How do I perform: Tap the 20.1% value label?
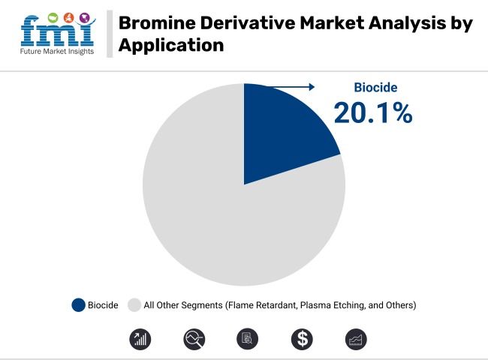click(372, 112)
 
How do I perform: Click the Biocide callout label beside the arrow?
click(375, 88)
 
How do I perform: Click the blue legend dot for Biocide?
click(78, 305)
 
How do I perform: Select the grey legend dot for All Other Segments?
click(134, 305)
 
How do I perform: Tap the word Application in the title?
click(170, 45)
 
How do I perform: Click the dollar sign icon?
click(302, 339)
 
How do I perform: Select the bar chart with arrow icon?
click(140, 339)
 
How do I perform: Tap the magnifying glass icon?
click(194, 339)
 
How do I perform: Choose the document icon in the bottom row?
click(248, 339)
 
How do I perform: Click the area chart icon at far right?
click(356, 339)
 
